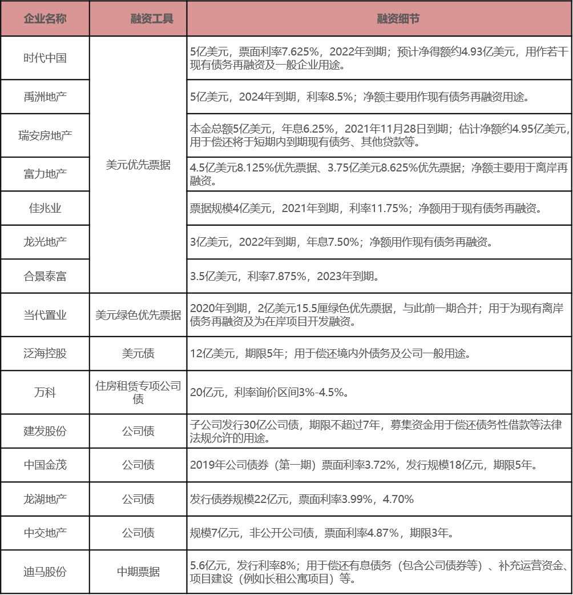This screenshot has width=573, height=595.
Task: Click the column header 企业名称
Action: coord(45,19)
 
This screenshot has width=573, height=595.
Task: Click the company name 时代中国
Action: coord(45,58)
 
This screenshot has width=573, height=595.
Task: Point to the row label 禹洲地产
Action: coord(45,97)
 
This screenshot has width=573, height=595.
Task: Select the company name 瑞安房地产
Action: coord(45,135)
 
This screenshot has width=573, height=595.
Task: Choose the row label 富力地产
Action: coord(45,174)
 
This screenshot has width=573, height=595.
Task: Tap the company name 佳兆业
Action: coord(45,208)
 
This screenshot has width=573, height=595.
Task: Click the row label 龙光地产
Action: coord(45,242)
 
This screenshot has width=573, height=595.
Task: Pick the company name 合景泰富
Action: coord(45,276)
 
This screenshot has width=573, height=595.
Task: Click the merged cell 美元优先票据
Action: coord(138,165)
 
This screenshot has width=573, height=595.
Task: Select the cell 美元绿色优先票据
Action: coord(138,315)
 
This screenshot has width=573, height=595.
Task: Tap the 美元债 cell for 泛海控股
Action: coord(138,354)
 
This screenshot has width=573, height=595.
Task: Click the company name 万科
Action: coord(45,393)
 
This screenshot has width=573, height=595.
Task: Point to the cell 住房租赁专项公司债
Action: coord(138,393)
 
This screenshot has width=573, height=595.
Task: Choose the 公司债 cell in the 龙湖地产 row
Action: coord(138,499)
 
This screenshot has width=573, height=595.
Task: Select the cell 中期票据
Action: coord(138,572)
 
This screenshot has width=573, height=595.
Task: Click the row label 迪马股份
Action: coord(45,572)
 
